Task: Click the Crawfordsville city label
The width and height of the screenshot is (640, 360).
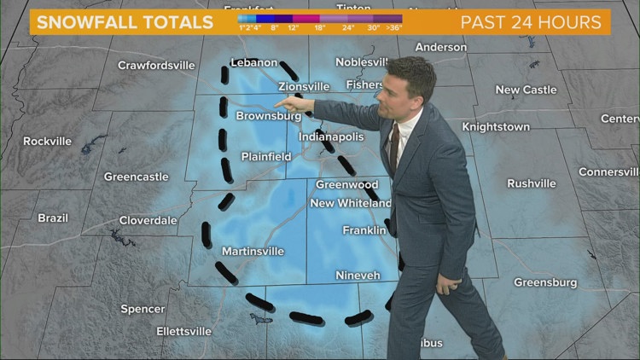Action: click(156, 65)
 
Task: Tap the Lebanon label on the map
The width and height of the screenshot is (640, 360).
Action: click(254, 62)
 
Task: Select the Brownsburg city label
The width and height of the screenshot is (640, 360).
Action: click(268, 116)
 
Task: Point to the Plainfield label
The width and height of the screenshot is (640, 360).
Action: click(265, 157)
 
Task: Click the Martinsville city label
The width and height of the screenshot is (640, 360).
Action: click(253, 251)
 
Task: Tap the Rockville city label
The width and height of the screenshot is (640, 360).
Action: click(47, 141)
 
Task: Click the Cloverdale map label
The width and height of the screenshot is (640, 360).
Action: click(148, 220)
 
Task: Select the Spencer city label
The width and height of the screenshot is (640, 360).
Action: click(143, 309)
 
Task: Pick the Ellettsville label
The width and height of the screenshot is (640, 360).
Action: click(183, 331)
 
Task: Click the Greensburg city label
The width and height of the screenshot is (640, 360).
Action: click(545, 282)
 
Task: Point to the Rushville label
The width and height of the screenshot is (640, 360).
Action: click(531, 183)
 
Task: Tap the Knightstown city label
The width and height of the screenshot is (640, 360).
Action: click(496, 127)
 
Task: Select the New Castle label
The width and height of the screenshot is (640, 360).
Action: click(526, 90)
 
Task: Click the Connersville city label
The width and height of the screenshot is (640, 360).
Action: click(608, 171)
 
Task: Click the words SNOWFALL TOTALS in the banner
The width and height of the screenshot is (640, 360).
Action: click(125, 22)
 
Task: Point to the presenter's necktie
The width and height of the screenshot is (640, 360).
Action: click(393, 147)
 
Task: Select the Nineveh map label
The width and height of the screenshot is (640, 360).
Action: click(358, 276)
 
